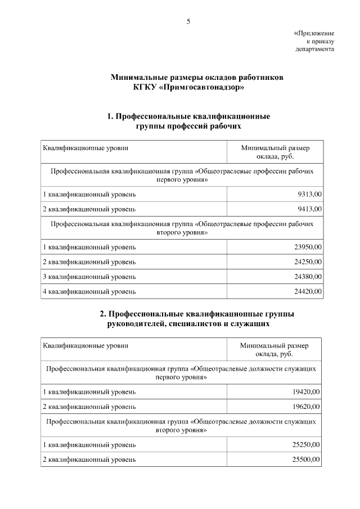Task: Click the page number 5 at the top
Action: pyautogui.click(x=188, y=22)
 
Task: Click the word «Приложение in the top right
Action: pyautogui.click(x=314, y=33)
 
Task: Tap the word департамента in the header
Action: pyautogui.click(x=315, y=49)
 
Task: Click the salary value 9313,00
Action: pyautogui.click(x=309, y=195)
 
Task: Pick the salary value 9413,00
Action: pyautogui.click(x=309, y=209)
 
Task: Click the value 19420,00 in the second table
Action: pyautogui.click(x=307, y=391)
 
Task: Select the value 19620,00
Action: pyautogui.click(x=307, y=407)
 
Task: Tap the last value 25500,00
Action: pyautogui.click(x=307, y=460)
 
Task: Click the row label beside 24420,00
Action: pyautogui.click(x=89, y=291)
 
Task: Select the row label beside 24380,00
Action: pyautogui.click(x=89, y=276)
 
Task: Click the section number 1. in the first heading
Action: pyautogui.click(x=111, y=116)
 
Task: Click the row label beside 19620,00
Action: pyautogui.click(x=89, y=407)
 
